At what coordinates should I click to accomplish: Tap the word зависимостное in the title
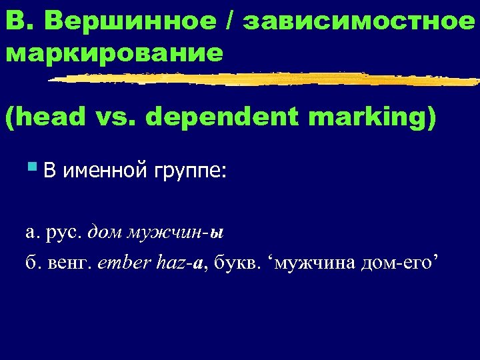click(359, 21)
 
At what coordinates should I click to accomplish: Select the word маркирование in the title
click(114, 53)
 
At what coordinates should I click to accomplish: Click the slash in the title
click(231, 21)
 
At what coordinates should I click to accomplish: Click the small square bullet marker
click(35, 167)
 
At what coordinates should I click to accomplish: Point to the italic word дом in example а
click(104, 233)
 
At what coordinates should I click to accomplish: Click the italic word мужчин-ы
click(174, 233)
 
